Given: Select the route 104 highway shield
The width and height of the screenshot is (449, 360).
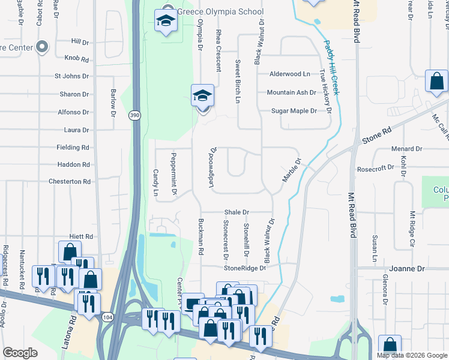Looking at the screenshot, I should [x=107, y=316].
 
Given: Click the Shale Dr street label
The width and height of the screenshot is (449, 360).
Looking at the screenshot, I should [x=237, y=212].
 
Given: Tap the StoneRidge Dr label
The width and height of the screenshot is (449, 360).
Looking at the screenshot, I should [x=245, y=268].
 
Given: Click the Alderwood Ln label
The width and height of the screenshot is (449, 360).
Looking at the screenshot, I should [x=290, y=74].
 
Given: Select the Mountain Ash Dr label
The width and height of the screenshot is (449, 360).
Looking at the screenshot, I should [x=291, y=92].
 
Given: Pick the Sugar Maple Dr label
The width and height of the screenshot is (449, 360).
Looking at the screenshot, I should [x=294, y=111].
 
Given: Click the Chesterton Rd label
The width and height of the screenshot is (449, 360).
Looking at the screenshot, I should [x=69, y=181].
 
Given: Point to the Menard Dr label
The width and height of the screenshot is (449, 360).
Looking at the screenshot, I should [x=406, y=149].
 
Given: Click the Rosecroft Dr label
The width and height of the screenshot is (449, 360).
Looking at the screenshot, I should [x=375, y=167].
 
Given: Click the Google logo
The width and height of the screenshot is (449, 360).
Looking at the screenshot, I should [x=20, y=353].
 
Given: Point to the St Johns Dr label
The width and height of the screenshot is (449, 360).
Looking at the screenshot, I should [x=71, y=76].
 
